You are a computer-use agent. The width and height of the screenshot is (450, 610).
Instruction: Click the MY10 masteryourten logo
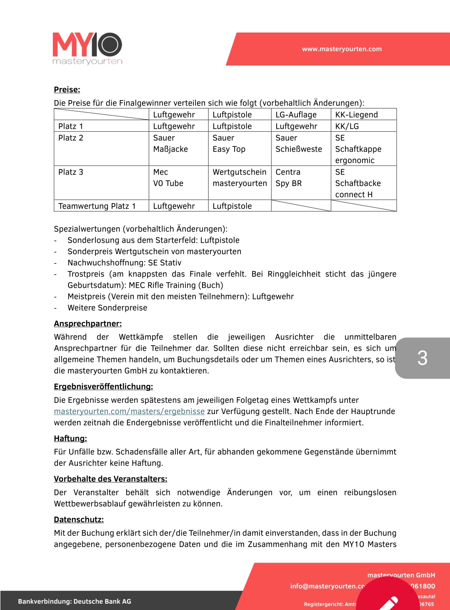87,49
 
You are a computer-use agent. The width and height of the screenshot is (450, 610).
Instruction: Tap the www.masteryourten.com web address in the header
342,49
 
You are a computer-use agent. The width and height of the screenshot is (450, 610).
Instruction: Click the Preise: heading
67,90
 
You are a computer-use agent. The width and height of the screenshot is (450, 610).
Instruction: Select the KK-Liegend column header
356,115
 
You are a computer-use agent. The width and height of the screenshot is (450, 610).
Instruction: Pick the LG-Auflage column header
296,115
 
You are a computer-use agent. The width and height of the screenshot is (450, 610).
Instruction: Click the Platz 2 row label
71,138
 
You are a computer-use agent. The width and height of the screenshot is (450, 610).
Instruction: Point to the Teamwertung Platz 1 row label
97,206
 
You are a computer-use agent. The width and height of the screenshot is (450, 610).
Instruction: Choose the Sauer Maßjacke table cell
170,143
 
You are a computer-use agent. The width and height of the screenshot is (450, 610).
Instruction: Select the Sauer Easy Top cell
229,143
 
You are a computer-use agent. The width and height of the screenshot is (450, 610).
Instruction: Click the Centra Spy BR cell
288,178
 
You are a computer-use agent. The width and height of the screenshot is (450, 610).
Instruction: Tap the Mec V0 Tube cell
168,178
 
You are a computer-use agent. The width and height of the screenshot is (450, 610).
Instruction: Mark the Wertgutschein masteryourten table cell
240,178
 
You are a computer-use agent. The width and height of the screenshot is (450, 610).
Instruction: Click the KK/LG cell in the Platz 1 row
347,126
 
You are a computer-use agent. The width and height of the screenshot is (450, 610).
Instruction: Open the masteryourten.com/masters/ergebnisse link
129,412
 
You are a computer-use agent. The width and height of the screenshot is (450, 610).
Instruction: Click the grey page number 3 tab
422,358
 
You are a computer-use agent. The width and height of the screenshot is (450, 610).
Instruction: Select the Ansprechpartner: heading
87,324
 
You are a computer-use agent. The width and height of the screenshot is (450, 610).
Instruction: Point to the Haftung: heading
70,438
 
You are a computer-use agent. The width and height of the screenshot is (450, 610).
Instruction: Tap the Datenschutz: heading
79,520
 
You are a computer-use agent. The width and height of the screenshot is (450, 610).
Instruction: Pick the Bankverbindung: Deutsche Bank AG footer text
75,601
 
